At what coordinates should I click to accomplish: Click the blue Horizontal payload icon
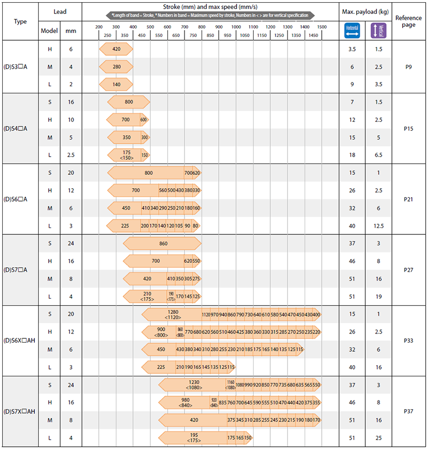click(352, 30)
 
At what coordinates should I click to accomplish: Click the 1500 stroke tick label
click(322, 27)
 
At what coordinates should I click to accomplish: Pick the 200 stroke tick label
click(99, 27)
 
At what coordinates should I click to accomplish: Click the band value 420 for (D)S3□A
click(116, 49)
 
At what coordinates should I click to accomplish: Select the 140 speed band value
click(116, 84)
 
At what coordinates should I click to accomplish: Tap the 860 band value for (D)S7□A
click(163, 243)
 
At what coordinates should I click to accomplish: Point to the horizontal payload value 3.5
click(352, 49)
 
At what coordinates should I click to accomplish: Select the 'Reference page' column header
click(410, 21)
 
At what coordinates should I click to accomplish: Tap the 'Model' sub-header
click(49, 31)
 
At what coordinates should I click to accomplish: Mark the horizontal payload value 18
click(352, 155)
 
